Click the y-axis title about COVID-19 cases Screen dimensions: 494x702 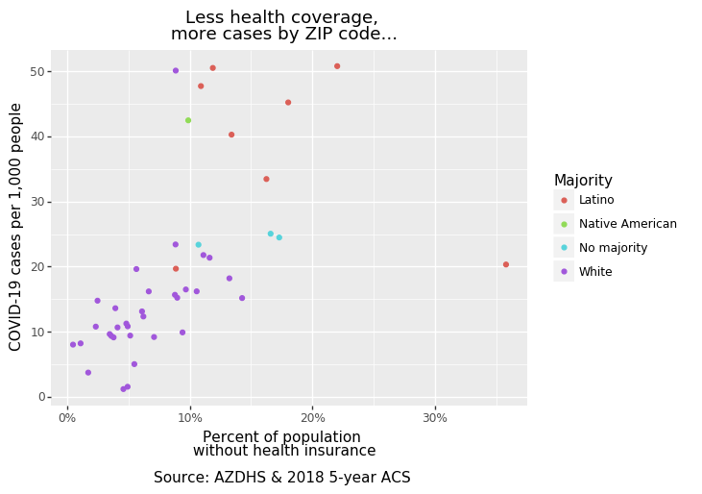pos(16,227)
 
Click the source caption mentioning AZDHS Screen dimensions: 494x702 pos(282,478)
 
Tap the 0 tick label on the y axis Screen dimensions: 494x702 pos(43,397)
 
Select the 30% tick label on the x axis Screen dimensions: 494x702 pos(435,418)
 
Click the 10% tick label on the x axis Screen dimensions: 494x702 pos(189,418)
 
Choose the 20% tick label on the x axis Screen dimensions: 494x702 pos(312,418)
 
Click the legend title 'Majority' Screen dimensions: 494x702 pos(583,181)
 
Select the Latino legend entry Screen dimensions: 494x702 pos(596,201)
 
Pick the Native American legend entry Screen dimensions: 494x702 pos(627,224)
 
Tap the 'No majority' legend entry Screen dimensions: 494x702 pos(613,248)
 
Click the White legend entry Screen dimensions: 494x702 pos(595,272)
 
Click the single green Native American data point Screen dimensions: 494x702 pos(188,120)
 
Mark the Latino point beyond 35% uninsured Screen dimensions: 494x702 pos(506,264)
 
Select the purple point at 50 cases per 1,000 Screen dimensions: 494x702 pos(176,70)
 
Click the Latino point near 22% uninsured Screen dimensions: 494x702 pos(337,66)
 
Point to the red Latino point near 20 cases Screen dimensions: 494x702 pos(176,269)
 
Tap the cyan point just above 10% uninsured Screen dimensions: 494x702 pos(199,245)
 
